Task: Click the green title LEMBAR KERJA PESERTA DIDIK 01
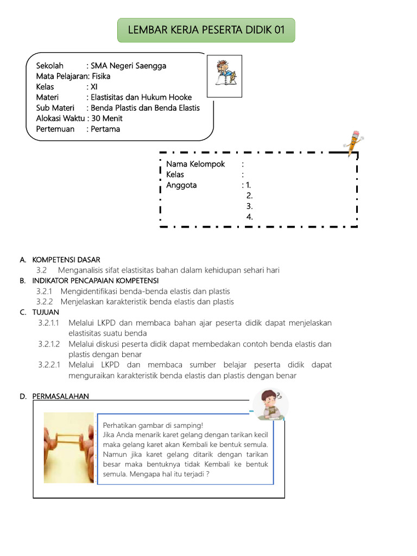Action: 206,29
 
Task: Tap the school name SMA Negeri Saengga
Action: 128,66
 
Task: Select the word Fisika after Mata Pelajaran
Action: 101,77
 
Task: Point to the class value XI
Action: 94,87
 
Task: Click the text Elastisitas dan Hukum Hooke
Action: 141,97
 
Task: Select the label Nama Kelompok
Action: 195,164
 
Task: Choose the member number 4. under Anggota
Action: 249,217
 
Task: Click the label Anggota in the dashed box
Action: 181,185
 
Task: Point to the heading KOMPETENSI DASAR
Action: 66,260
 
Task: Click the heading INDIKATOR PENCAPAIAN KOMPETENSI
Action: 95,281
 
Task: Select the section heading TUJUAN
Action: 46,312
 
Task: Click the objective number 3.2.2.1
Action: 50,365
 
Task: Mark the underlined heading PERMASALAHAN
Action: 60,396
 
